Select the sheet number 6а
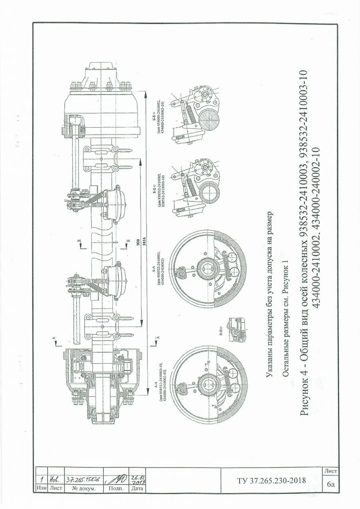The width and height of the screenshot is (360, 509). click(331, 485)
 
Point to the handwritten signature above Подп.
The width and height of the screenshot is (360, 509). click(116, 480)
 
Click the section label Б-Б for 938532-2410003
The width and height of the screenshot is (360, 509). click(156, 188)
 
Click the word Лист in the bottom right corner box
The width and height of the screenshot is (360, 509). click(331, 471)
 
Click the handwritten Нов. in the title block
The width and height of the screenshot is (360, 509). click(53, 479)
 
